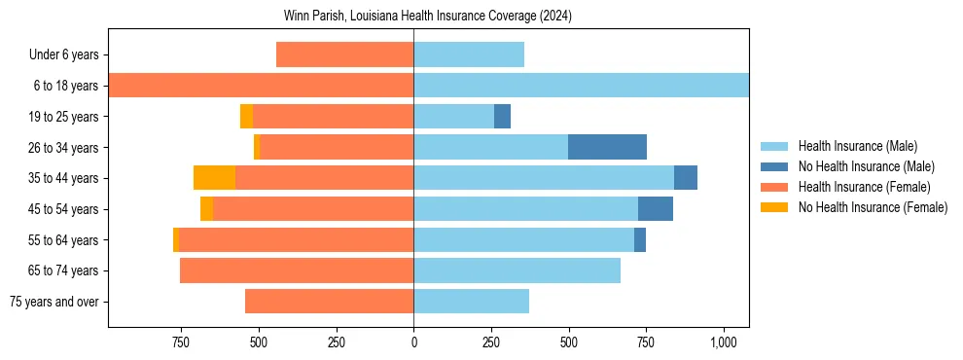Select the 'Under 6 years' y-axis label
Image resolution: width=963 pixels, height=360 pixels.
pos(63,55)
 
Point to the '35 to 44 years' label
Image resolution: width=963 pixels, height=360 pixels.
pos(63,178)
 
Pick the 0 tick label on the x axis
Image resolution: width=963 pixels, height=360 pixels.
pos(413,342)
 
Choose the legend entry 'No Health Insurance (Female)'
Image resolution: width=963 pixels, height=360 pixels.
pos(873,207)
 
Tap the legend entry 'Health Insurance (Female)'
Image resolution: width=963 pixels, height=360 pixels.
pos(864,187)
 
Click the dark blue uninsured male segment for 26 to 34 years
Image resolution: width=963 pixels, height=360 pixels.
pos(607,147)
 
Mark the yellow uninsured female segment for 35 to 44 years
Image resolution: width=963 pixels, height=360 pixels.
pos(214,178)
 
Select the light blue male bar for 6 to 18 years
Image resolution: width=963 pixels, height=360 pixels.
pos(581,86)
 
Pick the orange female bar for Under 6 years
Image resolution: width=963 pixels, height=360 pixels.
pos(344,54)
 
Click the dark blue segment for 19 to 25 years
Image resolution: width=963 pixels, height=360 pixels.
pos(502,117)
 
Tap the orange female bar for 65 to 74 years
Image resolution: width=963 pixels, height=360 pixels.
pos(297,270)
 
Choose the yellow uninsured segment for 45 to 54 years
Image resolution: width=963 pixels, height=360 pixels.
pos(206,209)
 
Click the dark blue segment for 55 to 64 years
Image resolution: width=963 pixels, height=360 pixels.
pos(640,239)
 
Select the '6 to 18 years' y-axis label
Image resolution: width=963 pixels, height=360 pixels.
pos(66,86)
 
